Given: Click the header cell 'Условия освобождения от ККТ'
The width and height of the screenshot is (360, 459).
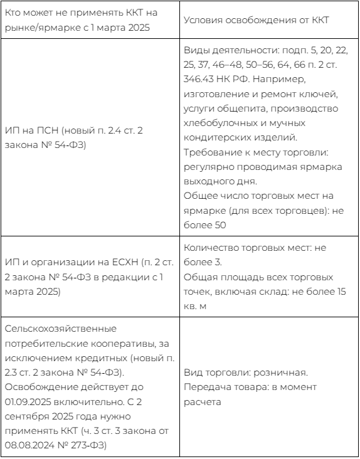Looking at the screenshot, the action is coord(266,20).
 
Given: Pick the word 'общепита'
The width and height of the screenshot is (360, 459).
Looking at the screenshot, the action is coord(230,108).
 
